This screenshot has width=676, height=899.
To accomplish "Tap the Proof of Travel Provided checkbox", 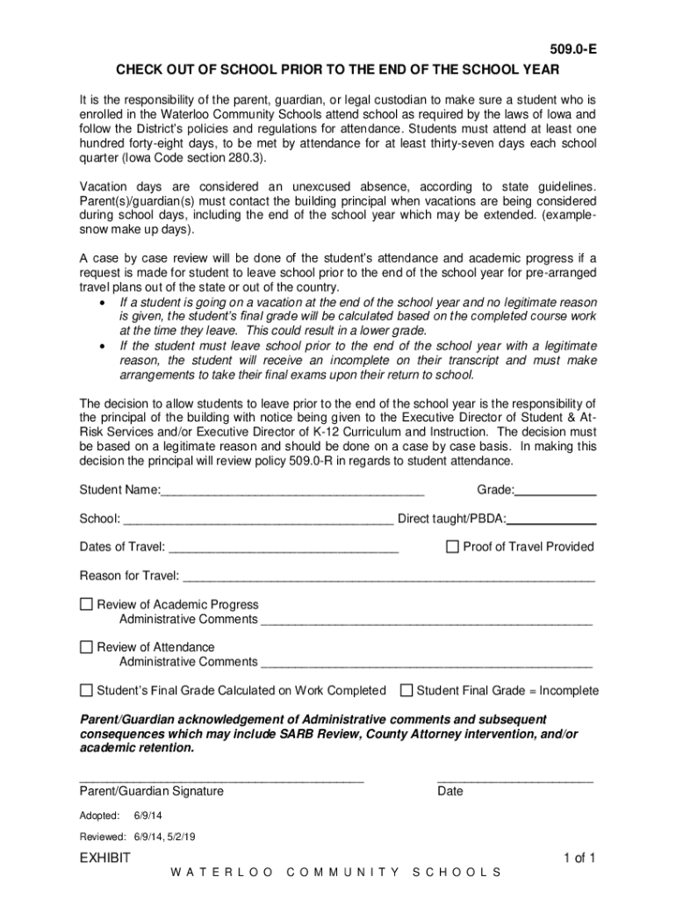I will point(453,547).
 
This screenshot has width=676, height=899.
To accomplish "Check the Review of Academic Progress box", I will point(86,604).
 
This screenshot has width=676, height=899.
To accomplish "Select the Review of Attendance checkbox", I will point(86,647).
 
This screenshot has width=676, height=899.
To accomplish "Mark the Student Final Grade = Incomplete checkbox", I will point(406,690).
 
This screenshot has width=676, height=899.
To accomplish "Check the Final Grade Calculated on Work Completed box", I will point(86,690).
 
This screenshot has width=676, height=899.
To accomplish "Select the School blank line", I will point(259,521).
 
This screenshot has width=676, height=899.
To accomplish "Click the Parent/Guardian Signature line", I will point(221,778).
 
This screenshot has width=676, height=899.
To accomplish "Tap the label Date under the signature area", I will point(449,792).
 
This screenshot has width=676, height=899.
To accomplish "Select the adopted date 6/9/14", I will point(147,816).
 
